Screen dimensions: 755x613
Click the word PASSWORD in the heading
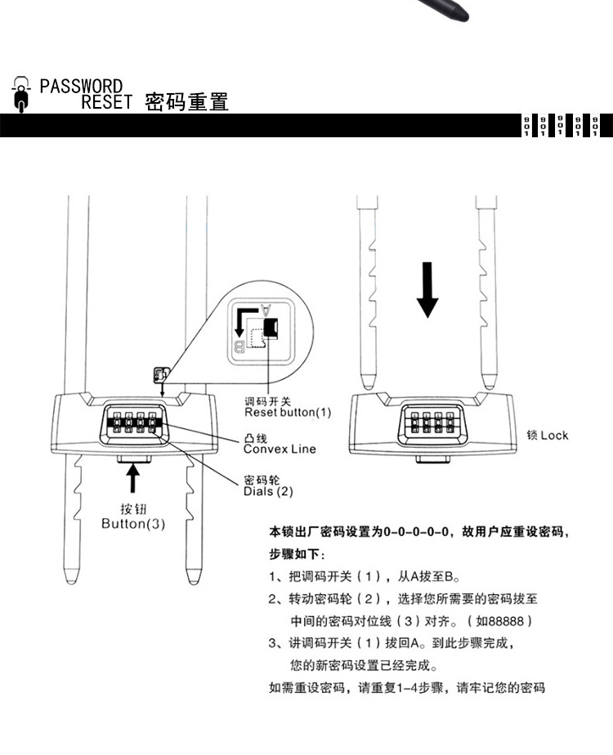tap(81, 86)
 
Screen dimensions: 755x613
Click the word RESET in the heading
tap(106, 102)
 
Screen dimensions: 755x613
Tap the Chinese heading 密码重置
tap(186, 102)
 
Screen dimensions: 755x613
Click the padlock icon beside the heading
tap(22, 95)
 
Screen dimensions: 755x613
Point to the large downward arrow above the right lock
tap(427, 289)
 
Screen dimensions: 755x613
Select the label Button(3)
tap(132, 524)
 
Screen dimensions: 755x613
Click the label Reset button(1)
tap(289, 412)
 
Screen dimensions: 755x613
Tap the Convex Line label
tap(279, 449)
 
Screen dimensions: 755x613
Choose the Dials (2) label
tap(267, 491)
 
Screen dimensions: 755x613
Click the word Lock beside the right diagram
tap(553, 435)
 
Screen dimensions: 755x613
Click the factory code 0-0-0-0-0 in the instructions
tap(418, 532)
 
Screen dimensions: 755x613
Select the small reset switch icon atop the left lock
tap(160, 374)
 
